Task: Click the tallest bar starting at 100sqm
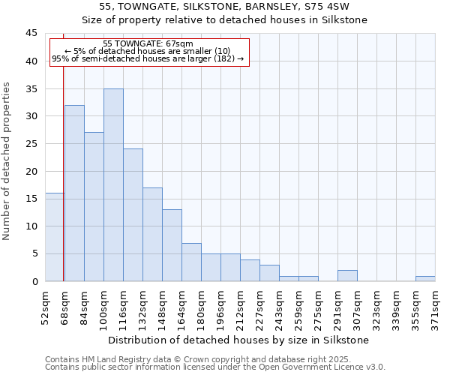click(x=113, y=184)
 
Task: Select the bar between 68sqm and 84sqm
click(x=74, y=193)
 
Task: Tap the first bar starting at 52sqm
click(x=54, y=237)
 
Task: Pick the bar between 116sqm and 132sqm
click(x=133, y=214)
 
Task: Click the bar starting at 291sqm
click(x=347, y=276)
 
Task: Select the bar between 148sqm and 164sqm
click(x=172, y=245)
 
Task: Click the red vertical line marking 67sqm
click(x=63, y=165)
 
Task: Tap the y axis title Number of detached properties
click(x=7, y=161)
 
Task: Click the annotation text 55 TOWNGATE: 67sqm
click(x=148, y=44)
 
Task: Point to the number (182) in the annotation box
click(x=224, y=58)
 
